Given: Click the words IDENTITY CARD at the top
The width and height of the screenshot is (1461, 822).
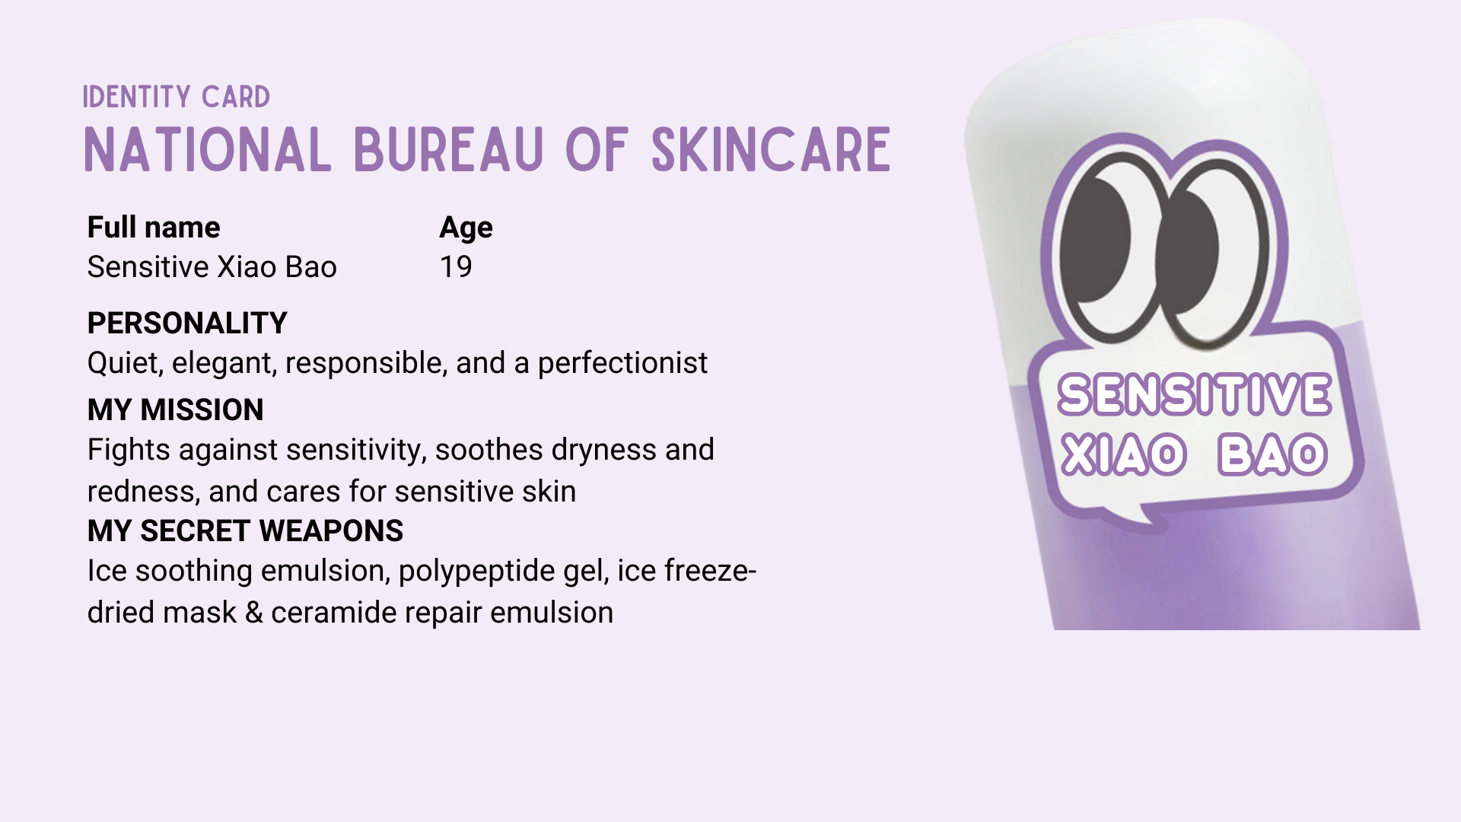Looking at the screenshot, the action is pyautogui.click(x=177, y=97).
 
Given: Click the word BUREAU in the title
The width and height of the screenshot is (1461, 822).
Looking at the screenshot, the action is pyautogui.click(x=449, y=150).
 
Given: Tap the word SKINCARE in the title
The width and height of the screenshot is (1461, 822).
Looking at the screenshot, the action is pyautogui.click(x=771, y=150).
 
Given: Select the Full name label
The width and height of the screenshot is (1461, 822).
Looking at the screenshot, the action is pyautogui.click(x=154, y=228).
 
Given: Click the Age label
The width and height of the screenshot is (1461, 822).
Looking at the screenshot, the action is pyautogui.click(x=466, y=228).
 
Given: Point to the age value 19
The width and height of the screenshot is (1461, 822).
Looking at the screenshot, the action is pyautogui.click(x=456, y=267).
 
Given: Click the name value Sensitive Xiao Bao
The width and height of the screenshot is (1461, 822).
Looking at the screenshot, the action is pyautogui.click(x=212, y=267).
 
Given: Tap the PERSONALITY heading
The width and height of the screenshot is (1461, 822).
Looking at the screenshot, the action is pyautogui.click(x=187, y=323).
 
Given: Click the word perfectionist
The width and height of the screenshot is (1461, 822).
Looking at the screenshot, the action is pyautogui.click(x=622, y=363).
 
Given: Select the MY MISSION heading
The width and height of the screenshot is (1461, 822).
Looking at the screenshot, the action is pyautogui.click(x=176, y=410).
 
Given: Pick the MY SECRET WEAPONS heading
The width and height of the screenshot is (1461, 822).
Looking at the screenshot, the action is pyautogui.click(x=245, y=531).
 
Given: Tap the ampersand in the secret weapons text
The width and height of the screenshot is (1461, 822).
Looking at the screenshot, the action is pyautogui.click(x=254, y=613).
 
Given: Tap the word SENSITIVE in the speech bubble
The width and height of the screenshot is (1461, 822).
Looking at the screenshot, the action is pyautogui.click(x=1195, y=395).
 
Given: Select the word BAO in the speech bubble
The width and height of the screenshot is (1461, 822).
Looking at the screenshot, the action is pyautogui.click(x=1272, y=455).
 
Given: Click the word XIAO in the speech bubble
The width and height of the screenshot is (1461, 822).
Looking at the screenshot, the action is pyautogui.click(x=1123, y=455).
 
